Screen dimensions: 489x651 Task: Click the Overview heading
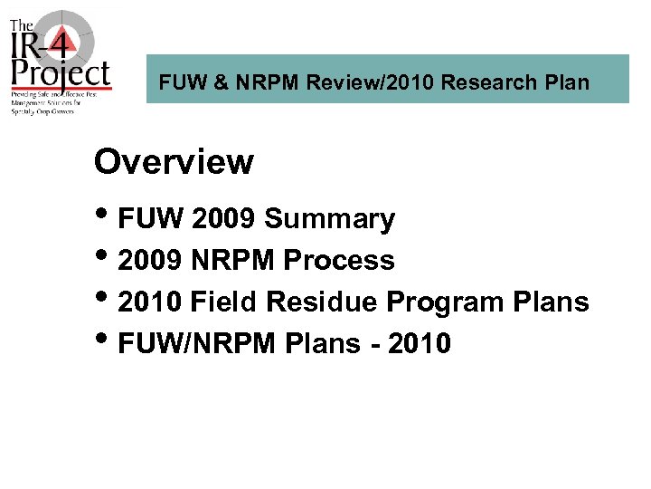[x=174, y=162]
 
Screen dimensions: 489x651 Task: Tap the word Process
[x=339, y=261]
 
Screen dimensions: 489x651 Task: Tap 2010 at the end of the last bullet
[x=418, y=343]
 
